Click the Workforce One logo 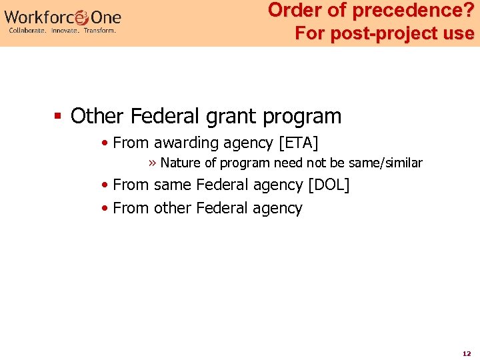63,17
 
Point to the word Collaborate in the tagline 27,30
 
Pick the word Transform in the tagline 100,30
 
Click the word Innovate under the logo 65,30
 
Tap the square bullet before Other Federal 58,117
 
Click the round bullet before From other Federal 105,209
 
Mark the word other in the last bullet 172,208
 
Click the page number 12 467,353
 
